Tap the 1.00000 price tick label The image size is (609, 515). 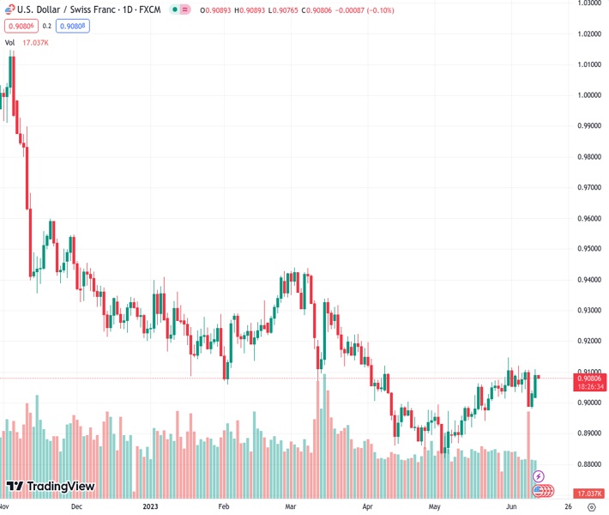tap(588, 95)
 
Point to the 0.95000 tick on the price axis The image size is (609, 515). tap(588, 249)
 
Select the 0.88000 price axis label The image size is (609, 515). tap(588, 464)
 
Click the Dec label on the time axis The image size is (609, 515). tap(76, 506)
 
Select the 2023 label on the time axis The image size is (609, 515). tap(150, 506)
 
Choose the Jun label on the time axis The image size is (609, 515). tap(511, 506)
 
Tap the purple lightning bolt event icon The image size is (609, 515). tap(539, 476)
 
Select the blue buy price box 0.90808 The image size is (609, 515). tap(73, 26)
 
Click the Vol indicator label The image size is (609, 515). tap(10, 42)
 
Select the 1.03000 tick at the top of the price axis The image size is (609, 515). tap(588, 3)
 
